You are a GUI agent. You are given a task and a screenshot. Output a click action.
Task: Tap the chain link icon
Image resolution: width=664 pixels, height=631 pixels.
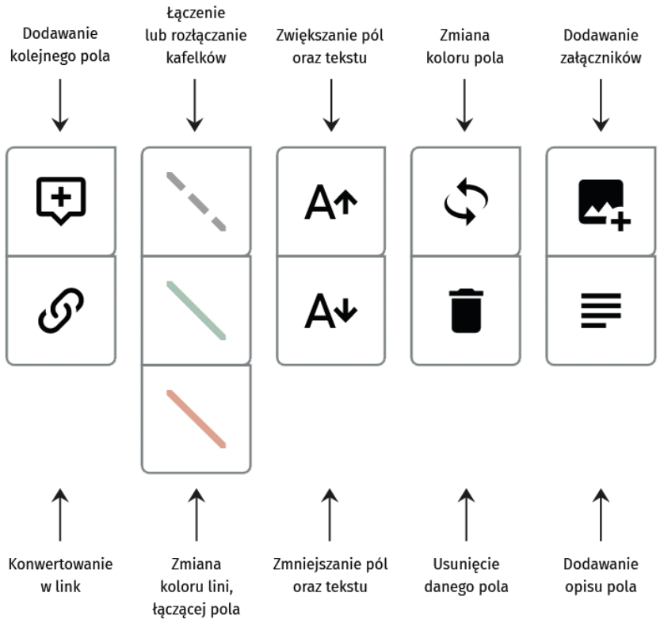click(61, 309)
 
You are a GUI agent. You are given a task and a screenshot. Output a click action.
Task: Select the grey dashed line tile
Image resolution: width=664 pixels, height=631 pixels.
click(197, 201)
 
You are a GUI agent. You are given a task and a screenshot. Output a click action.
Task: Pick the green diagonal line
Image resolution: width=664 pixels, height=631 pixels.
click(197, 310)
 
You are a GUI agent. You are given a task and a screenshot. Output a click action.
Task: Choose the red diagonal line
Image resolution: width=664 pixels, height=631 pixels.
click(197, 418)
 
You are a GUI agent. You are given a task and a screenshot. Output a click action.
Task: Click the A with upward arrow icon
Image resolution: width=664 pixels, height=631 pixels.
click(331, 201)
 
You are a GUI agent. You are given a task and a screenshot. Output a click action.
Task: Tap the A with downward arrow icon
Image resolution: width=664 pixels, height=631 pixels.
click(331, 309)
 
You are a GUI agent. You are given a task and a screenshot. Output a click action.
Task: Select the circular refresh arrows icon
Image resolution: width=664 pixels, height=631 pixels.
click(466, 201)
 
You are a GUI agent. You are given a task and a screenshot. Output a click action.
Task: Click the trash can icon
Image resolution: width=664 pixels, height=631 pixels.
click(466, 310)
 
